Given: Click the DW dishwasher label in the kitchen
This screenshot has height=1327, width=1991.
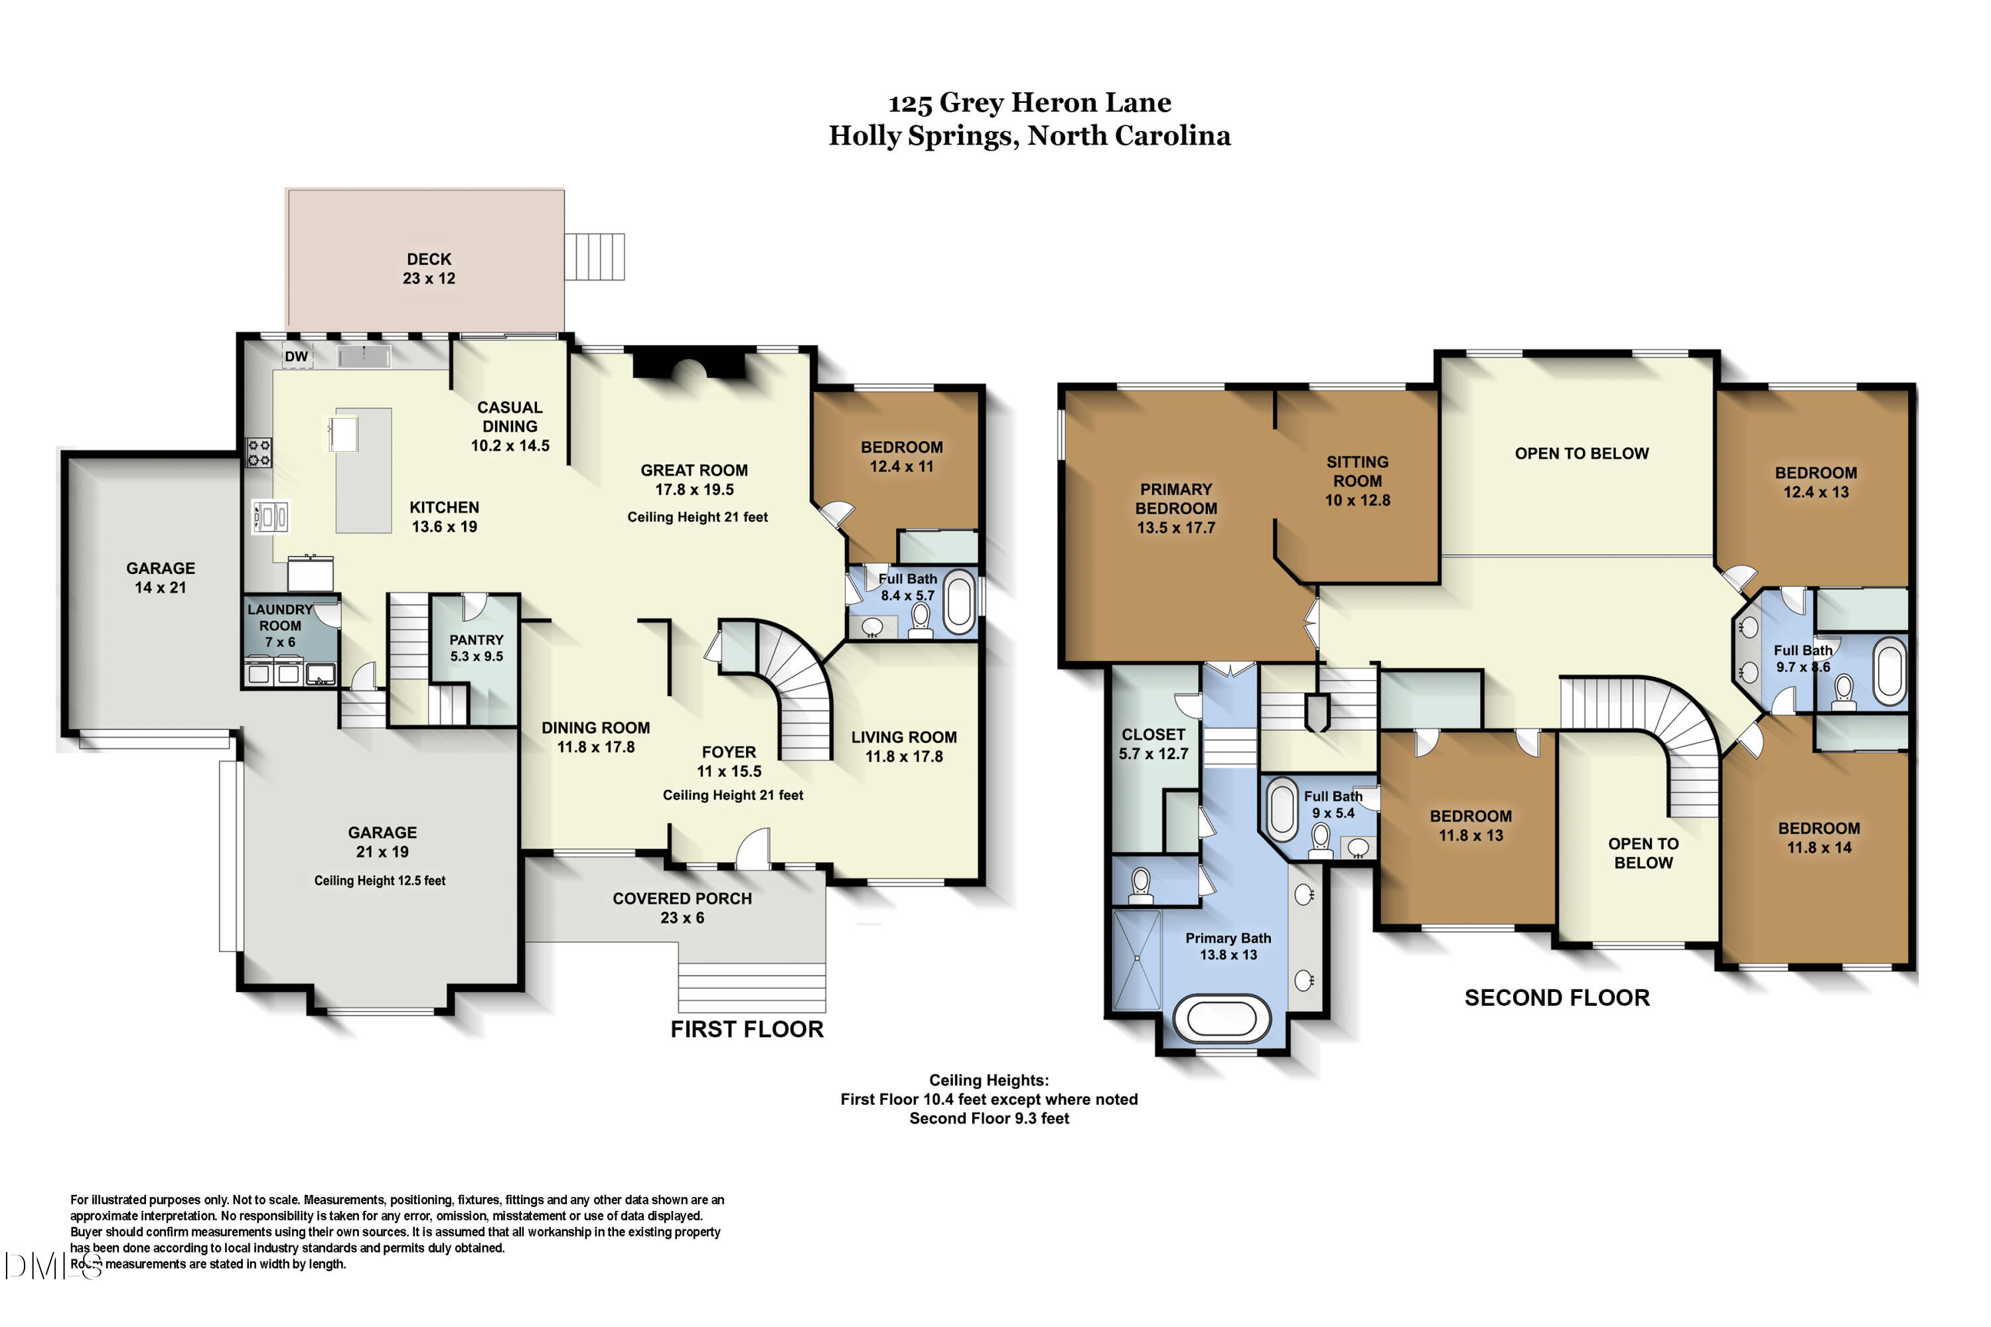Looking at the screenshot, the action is click(x=296, y=356).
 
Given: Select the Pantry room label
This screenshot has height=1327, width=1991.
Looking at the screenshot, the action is click(x=477, y=648).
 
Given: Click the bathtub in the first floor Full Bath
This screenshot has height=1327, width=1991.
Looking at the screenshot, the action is click(x=959, y=602).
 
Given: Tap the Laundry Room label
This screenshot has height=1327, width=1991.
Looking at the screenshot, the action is click(x=280, y=626).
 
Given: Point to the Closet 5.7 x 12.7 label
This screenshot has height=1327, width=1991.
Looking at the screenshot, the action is click(x=1154, y=744).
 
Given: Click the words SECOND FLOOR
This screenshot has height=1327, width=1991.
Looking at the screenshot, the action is click(x=1558, y=998).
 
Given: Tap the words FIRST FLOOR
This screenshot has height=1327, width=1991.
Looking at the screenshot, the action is click(x=747, y=1029).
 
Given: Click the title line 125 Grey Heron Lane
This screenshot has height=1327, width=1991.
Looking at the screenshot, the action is click(x=1029, y=102).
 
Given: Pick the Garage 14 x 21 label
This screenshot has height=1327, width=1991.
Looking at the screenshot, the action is click(x=161, y=578).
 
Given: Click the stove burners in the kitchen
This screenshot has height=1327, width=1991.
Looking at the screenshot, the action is click(x=259, y=452).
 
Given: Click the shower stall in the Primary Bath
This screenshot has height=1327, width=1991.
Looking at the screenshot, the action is click(x=1137, y=959).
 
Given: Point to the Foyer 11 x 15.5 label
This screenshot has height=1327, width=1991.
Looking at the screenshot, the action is click(x=729, y=762).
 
